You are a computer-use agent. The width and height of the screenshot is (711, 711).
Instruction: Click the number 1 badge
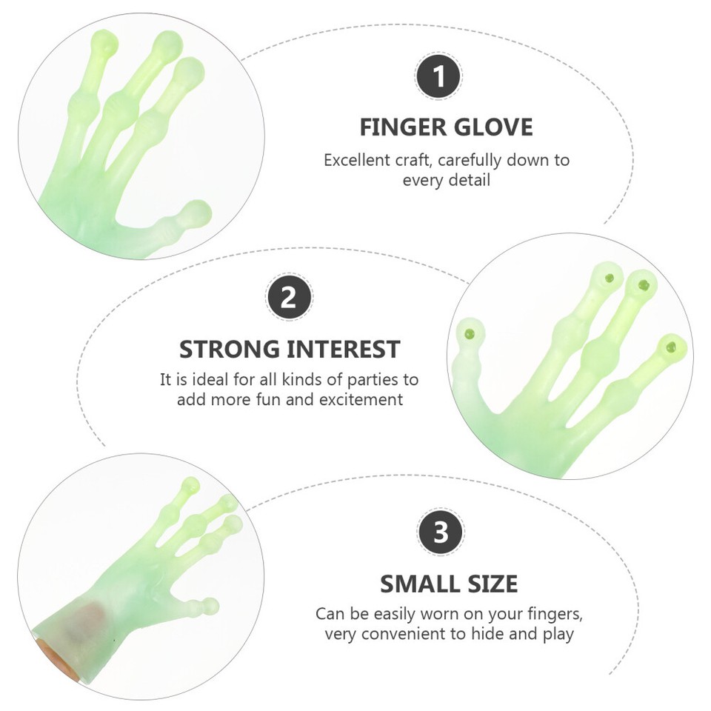[x=439, y=77]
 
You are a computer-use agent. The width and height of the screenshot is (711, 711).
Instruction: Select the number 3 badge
[x=441, y=533]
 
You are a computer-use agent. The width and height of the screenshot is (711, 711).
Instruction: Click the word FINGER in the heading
[x=401, y=127]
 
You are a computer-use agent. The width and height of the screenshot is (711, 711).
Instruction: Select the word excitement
[x=358, y=400]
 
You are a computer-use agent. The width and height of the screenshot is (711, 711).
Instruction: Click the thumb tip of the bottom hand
[x=210, y=604]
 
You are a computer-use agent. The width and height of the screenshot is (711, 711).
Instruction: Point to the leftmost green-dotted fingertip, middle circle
[x=468, y=333]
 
